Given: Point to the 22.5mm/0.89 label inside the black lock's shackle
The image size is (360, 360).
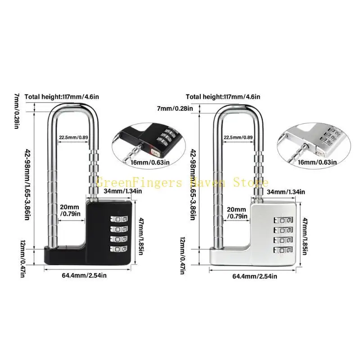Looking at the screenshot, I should coord(74,138).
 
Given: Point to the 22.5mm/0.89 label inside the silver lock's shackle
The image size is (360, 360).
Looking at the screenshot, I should coord(238,138).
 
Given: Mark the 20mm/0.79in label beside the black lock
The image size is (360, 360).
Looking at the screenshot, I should coord(69,211).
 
